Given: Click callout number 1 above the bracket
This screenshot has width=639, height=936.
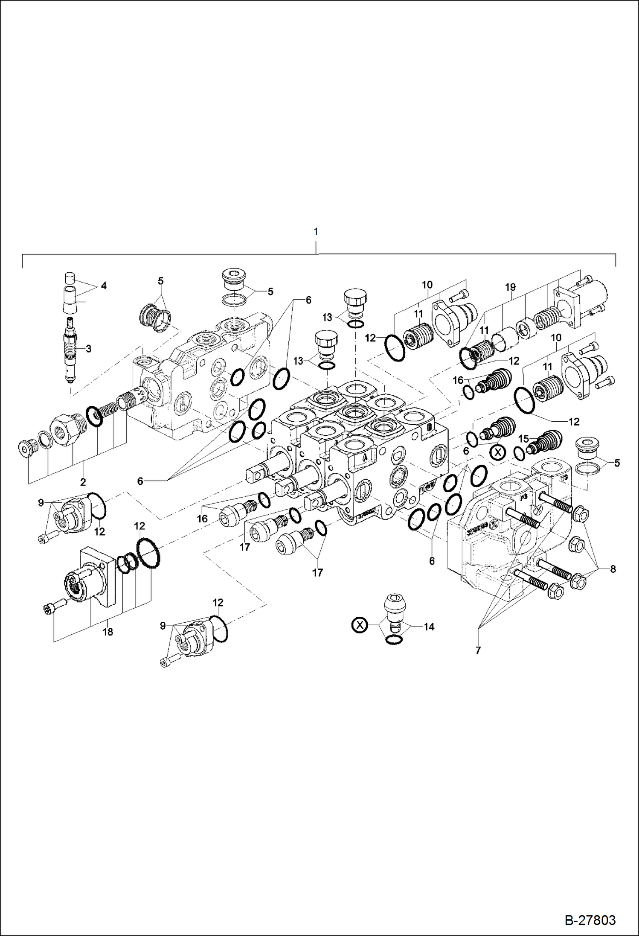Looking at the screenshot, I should click(x=315, y=232).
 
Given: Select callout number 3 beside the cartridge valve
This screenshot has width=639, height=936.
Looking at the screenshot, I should click(x=88, y=349).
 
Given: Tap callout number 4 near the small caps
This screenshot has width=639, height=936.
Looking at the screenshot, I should click(x=103, y=286).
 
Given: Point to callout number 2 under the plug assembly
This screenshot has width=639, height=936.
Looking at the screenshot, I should click(x=83, y=482).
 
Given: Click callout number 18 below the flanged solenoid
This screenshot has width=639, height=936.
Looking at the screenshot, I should click(x=107, y=632).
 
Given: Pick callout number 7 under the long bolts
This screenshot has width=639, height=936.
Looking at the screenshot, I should click(x=478, y=650).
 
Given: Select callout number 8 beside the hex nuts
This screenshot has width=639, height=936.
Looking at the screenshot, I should click(x=613, y=569).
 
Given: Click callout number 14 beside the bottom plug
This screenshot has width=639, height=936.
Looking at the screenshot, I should click(x=429, y=627).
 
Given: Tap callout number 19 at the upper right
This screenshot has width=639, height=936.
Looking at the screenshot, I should click(x=510, y=287).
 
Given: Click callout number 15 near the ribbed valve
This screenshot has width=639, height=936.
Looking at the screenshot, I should click(x=523, y=439).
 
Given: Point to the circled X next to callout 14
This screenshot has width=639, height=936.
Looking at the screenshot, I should click(x=360, y=626).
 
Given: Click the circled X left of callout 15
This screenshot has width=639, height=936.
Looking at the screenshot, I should click(x=497, y=452).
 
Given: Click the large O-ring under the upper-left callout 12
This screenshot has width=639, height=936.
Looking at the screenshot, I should click(x=148, y=554).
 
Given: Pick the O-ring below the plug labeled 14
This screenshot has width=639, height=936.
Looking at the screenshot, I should click(x=393, y=640).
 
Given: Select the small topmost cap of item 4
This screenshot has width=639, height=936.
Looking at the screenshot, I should click(x=70, y=278).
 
